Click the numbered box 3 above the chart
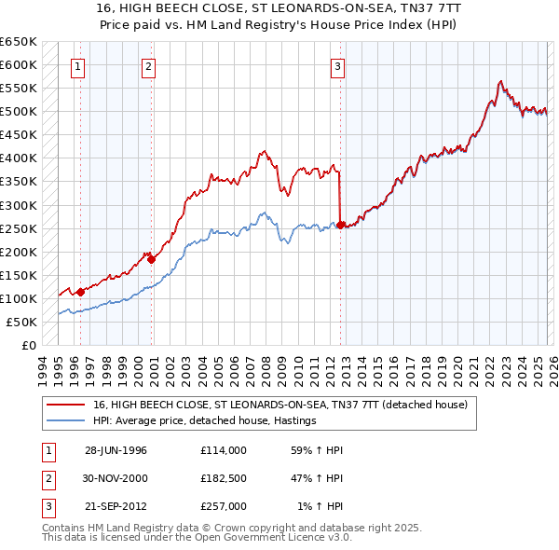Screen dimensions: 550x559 point(336,66)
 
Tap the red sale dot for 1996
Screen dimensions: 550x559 point(81,292)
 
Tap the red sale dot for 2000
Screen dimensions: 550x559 point(151,259)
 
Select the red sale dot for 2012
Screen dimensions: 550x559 point(341,225)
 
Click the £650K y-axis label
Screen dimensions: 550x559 point(19,42)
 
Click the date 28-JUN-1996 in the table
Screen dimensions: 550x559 point(116,450)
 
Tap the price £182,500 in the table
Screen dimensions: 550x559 point(223,478)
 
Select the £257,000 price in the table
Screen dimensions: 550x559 point(223,506)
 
